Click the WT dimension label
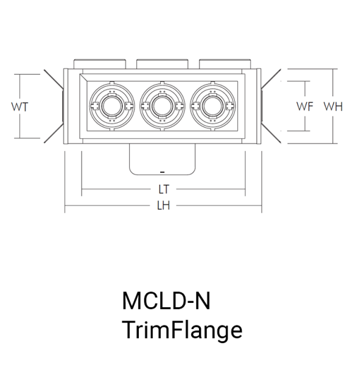[20, 107]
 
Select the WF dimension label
[305, 106]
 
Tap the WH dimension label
[333, 106]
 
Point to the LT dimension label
[164, 189]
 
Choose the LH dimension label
[164, 206]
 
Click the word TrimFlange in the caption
[183, 330]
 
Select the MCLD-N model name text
[166, 301]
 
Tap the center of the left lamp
[112, 106]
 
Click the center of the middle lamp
[163, 106]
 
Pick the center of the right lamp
[213, 106]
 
